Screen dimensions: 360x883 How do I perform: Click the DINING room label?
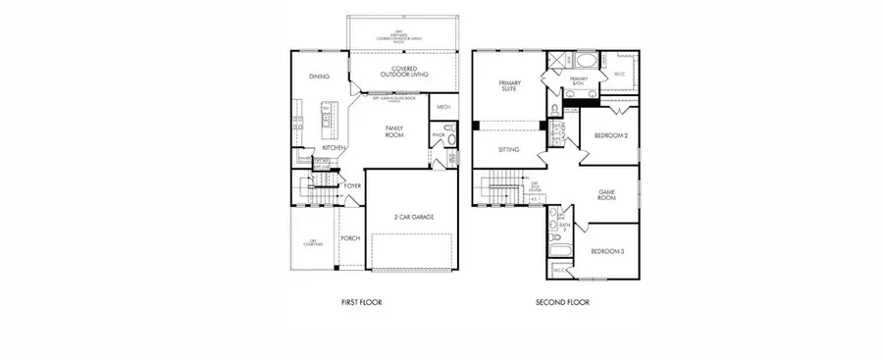coord(318,76)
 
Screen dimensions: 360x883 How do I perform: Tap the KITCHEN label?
coord(334,148)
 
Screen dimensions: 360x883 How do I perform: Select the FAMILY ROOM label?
coord(396,130)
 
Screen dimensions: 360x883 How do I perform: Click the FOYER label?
coord(351,184)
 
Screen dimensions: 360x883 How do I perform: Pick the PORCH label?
coord(349,237)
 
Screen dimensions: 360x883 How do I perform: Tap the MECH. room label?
coord(442,107)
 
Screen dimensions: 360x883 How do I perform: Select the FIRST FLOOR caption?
coord(354,303)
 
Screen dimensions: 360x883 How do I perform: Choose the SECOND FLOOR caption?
coord(562,303)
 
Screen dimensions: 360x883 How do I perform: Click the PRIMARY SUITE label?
coord(508,84)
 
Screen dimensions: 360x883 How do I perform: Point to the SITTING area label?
coord(508,150)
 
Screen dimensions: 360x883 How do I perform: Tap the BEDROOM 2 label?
coord(611,135)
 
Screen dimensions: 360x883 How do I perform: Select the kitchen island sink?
coord(325,123)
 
